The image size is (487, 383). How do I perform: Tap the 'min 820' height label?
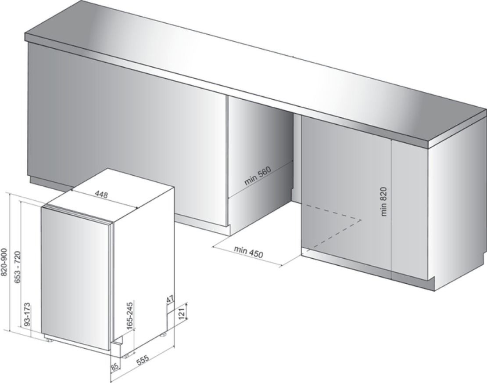click(x=384, y=202)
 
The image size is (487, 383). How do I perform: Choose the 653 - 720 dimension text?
click(x=18, y=268)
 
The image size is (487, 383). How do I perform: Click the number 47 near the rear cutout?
click(x=170, y=300)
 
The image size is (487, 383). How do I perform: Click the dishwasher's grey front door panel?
click(x=75, y=277)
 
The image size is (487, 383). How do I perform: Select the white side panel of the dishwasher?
click(x=145, y=264)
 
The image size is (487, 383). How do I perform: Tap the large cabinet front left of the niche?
click(x=127, y=132)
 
